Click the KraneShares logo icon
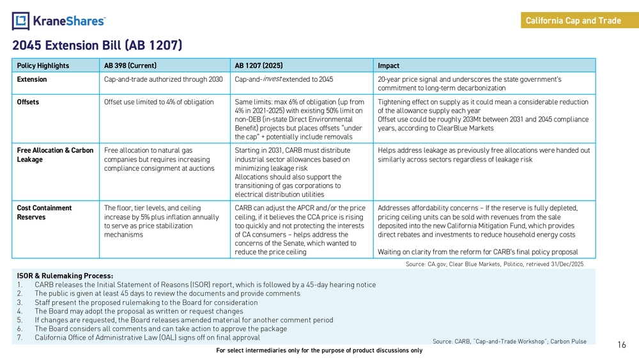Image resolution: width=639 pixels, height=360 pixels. [20, 20]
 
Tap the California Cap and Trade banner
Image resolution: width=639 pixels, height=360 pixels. [573, 20]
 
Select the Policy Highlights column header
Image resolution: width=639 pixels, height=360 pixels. [43, 65]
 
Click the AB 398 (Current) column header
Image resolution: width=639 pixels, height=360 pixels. [130, 65]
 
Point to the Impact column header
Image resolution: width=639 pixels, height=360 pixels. [389, 65]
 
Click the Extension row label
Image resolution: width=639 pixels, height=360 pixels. [32, 79]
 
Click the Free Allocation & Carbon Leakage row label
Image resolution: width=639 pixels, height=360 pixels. [55, 155]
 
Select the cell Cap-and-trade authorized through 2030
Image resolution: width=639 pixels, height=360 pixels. [163, 79]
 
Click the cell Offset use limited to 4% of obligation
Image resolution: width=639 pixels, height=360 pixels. [158, 102]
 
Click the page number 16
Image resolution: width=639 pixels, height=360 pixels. [622, 345]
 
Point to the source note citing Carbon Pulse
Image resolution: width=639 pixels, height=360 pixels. [509, 341]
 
